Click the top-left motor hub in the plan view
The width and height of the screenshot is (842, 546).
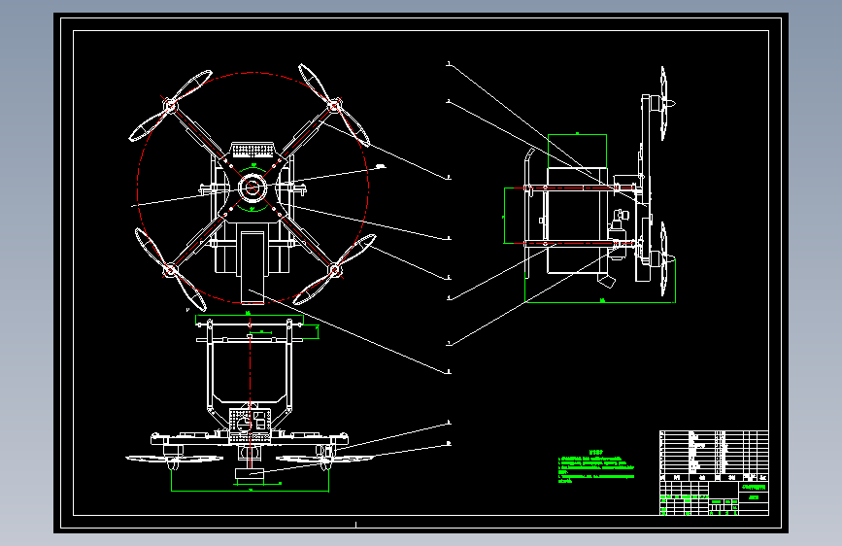[170, 104]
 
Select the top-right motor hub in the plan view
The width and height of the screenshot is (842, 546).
[333, 104]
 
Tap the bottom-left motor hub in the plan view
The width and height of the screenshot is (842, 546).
[170, 268]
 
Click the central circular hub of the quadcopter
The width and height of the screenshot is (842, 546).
[252, 187]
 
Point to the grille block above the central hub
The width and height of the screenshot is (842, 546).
[252, 151]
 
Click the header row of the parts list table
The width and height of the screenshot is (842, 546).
[714, 478]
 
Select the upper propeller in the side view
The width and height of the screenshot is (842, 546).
[664, 104]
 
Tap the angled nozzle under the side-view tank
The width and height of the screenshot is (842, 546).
[605, 281]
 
